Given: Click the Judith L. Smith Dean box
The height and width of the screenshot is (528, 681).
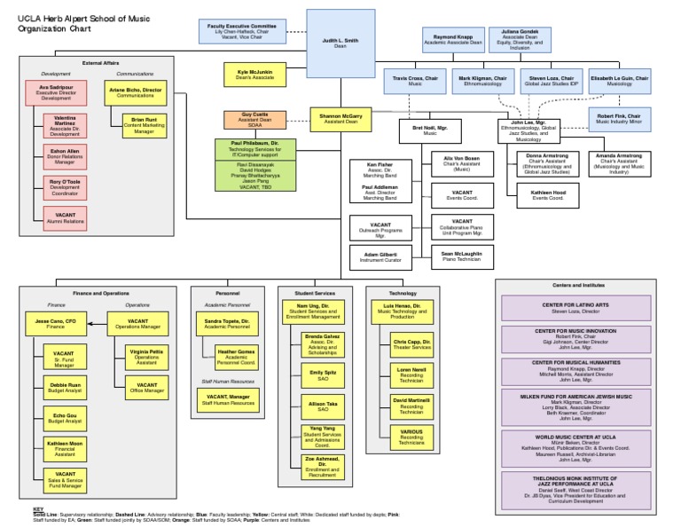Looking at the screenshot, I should [x=340, y=43].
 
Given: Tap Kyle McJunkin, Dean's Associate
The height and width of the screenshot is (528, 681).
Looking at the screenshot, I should [x=255, y=75].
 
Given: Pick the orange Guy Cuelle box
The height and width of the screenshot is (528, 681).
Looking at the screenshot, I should [x=254, y=119].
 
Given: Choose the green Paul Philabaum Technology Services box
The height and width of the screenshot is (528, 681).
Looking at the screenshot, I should [x=255, y=148].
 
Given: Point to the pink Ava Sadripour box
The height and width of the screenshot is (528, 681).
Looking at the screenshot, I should [x=55, y=93].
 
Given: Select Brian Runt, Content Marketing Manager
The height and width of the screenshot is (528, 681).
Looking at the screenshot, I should [x=137, y=124].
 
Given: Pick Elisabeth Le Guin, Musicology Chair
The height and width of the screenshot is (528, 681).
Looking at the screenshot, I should [x=619, y=82].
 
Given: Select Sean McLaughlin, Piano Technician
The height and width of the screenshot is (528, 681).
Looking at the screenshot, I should [x=461, y=256].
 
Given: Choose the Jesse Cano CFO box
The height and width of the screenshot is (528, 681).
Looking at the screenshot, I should [x=55, y=323].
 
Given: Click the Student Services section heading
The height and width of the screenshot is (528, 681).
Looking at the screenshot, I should [x=314, y=292].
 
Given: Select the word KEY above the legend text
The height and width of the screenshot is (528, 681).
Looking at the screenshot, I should [x=37, y=509].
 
